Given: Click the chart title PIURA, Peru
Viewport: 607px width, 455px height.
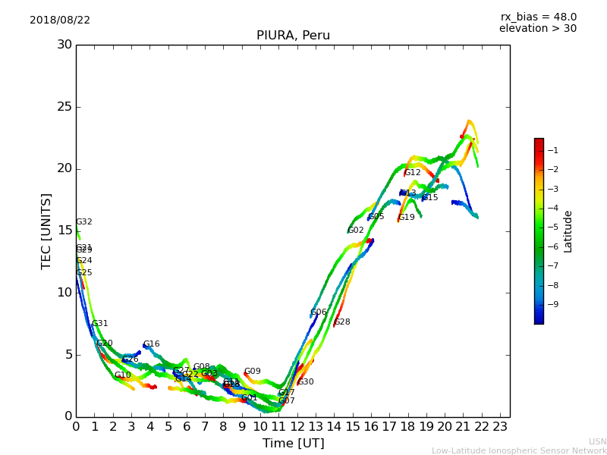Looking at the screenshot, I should (293, 36).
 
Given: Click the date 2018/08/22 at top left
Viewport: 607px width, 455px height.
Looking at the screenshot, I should (60, 20).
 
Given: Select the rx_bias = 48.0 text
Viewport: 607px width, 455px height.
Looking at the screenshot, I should (538, 17).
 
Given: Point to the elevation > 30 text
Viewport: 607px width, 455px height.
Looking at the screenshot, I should (538, 29).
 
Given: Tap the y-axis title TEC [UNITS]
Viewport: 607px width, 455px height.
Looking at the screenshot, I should (46, 231).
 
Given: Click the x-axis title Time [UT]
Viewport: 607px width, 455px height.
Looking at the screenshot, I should (293, 444).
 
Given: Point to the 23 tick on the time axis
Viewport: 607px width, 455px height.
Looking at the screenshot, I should (500, 427).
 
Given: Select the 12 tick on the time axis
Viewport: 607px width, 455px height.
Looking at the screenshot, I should (297, 427).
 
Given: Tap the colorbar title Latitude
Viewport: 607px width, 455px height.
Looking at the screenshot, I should (568, 231).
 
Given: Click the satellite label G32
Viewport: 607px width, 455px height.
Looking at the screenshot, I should (84, 222).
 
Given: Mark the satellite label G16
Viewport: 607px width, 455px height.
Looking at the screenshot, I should (152, 344).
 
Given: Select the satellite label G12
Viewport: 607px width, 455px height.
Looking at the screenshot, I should (413, 173).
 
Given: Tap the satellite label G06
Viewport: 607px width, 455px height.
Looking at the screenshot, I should (319, 312).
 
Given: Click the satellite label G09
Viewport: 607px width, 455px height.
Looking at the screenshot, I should (253, 372).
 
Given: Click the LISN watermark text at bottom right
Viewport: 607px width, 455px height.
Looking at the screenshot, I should (597, 441).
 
